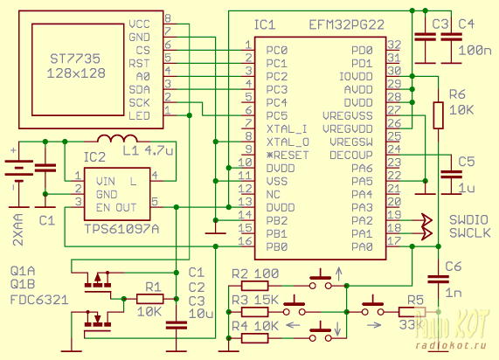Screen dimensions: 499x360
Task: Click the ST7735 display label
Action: (75, 59)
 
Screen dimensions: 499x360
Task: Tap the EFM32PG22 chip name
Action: (347, 24)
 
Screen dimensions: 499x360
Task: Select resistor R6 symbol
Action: (438, 115)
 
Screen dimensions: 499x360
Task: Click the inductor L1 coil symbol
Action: (117, 138)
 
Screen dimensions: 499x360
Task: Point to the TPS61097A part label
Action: (121, 229)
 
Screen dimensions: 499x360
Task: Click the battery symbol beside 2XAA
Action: (18, 171)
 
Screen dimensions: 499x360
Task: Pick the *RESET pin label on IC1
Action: (288, 156)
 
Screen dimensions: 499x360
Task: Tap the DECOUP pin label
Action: (351, 156)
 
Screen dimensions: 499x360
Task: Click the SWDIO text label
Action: (468, 220)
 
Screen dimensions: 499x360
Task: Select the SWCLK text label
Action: (469, 233)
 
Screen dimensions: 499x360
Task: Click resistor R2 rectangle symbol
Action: (254, 286)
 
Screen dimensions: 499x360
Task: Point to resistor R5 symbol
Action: (412, 312)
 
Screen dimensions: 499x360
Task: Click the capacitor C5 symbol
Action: (451, 174)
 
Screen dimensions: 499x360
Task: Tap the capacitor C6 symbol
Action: (438, 280)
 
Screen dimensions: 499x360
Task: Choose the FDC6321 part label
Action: (39, 300)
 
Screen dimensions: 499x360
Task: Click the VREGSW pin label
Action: (351, 142)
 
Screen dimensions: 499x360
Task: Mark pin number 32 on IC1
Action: (394, 45)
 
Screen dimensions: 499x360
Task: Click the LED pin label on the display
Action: (139, 116)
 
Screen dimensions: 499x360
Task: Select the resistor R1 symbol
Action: (150, 299)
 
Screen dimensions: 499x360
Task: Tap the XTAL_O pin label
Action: (288, 142)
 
